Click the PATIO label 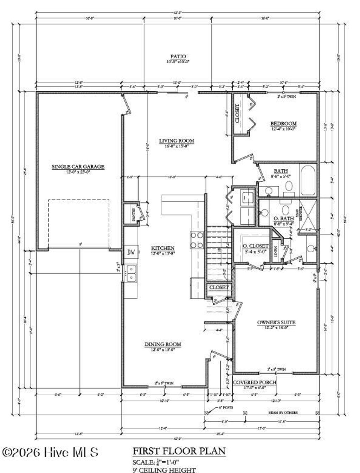click(x=178, y=57)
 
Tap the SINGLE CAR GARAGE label click(x=78, y=167)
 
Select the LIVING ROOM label click(x=176, y=141)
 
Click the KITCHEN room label click(x=162, y=248)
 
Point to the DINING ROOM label click(x=163, y=344)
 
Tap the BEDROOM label click(x=283, y=124)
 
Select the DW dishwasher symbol click(x=131, y=252)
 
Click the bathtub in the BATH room click(x=308, y=180)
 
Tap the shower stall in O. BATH click(x=308, y=214)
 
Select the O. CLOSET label click(x=256, y=246)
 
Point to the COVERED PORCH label click(x=255, y=382)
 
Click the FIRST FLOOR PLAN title click(x=179, y=451)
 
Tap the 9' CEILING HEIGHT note click(x=164, y=469)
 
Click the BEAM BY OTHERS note click(x=282, y=413)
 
